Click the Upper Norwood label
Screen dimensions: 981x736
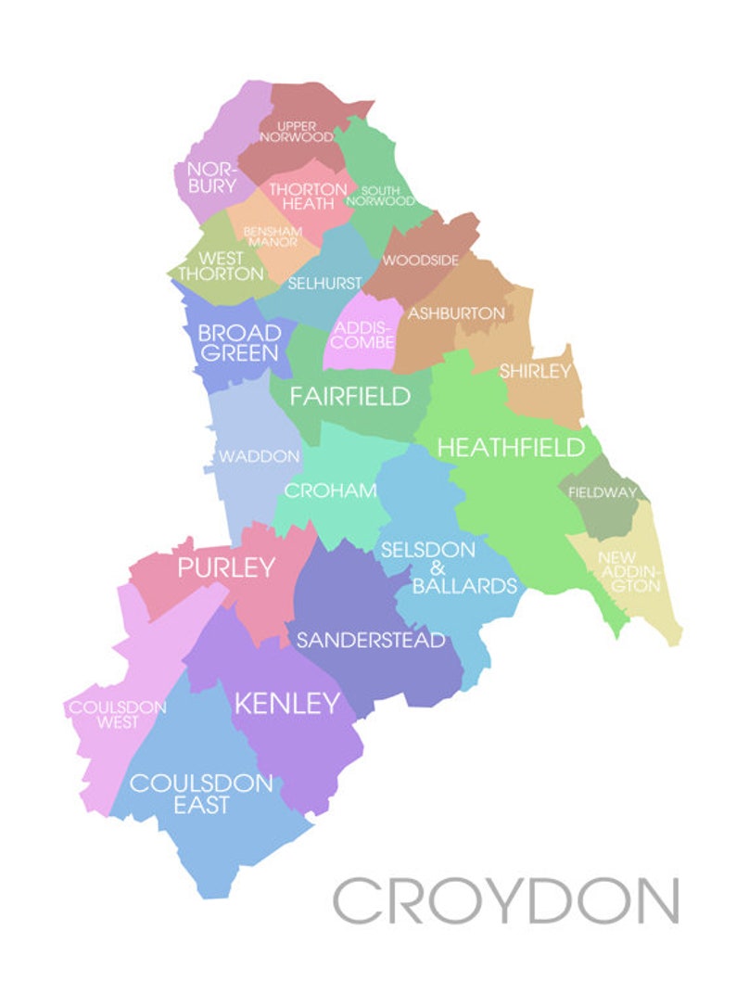pyautogui.click(x=297, y=132)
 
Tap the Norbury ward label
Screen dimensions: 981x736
pyautogui.click(x=212, y=178)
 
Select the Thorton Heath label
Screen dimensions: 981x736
pyautogui.click(x=309, y=196)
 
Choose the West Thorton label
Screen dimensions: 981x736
pyautogui.click(x=221, y=266)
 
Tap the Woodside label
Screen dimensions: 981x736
pyautogui.click(x=421, y=261)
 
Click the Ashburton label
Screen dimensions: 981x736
pyautogui.click(x=457, y=313)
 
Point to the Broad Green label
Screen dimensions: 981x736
pyautogui.click(x=239, y=342)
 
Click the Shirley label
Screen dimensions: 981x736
pyautogui.click(x=536, y=372)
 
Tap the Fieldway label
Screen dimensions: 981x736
pyautogui.click(x=603, y=492)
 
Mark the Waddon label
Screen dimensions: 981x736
pyautogui.click(x=259, y=456)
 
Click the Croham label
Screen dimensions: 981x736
pyautogui.click(x=330, y=490)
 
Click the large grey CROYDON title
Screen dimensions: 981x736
pyautogui.click(x=506, y=901)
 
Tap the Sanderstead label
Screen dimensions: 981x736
pyautogui.click(x=371, y=640)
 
